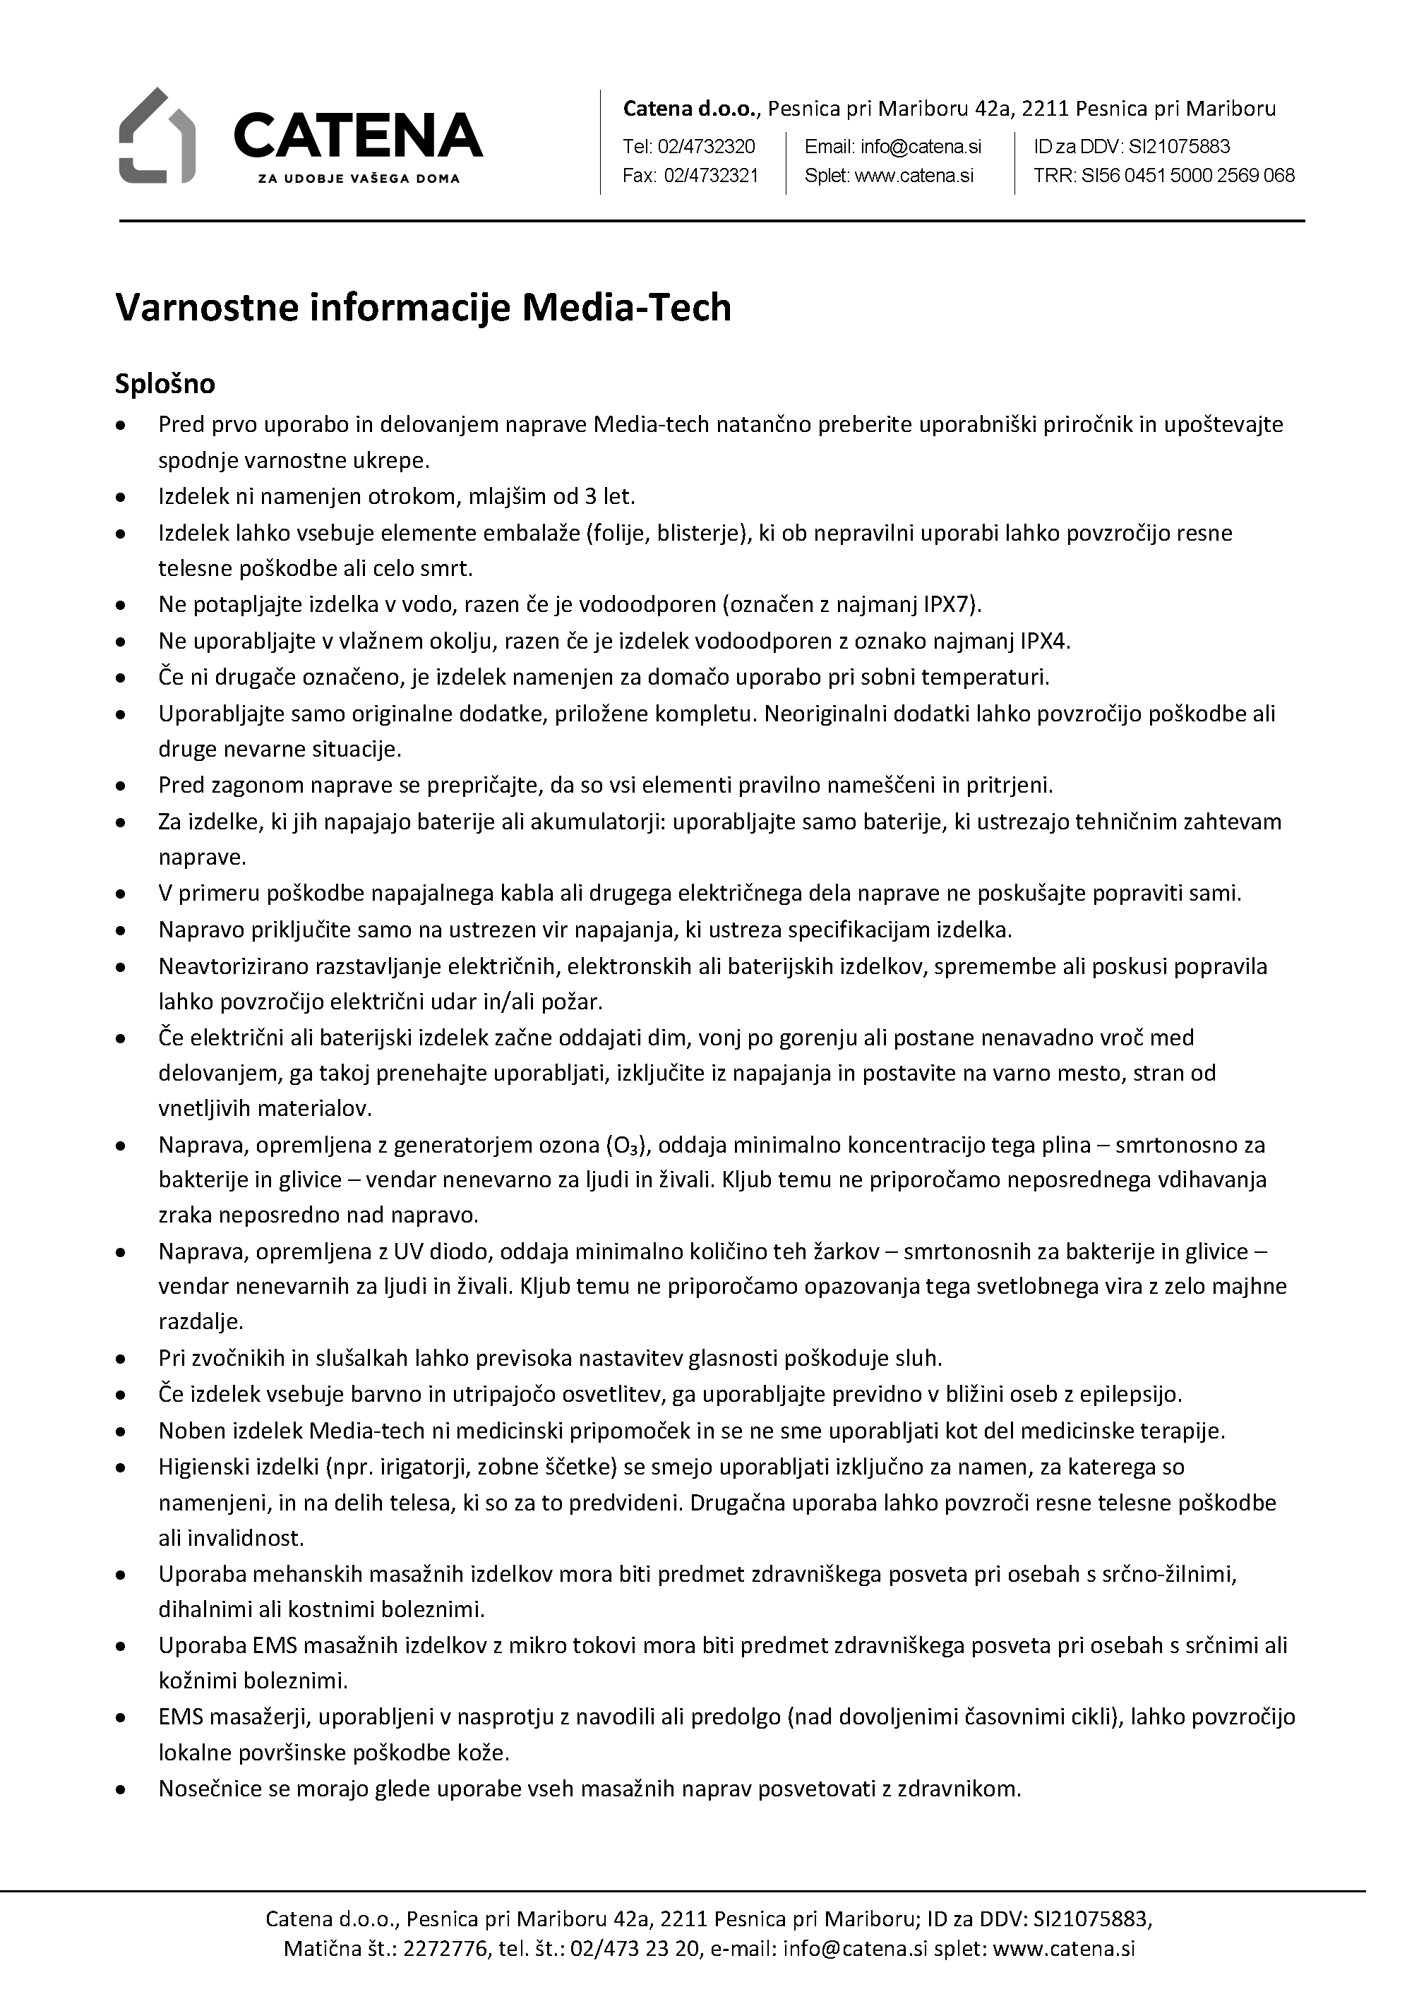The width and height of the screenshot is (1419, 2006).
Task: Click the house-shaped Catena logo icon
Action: click(157, 136)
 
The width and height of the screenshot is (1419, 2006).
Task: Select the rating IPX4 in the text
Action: click(1044, 642)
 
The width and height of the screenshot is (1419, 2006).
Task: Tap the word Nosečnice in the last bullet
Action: click(210, 1789)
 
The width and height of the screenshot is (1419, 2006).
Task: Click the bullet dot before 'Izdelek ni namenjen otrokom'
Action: click(121, 497)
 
